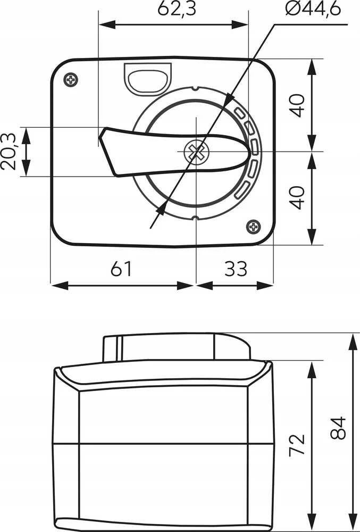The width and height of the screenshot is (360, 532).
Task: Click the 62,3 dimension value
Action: [177, 9]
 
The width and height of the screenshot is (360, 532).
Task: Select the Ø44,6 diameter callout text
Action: [313, 9]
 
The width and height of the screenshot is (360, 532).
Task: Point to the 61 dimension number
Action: [121, 269]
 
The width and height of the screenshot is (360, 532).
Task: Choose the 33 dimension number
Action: [236, 269]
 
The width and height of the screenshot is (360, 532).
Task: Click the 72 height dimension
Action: [297, 445]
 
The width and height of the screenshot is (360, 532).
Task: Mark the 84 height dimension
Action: [338, 428]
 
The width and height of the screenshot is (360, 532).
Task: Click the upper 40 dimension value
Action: [297, 105]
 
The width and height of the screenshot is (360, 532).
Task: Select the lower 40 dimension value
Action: [297, 197]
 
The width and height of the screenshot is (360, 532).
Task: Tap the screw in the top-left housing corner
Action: [71, 80]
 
